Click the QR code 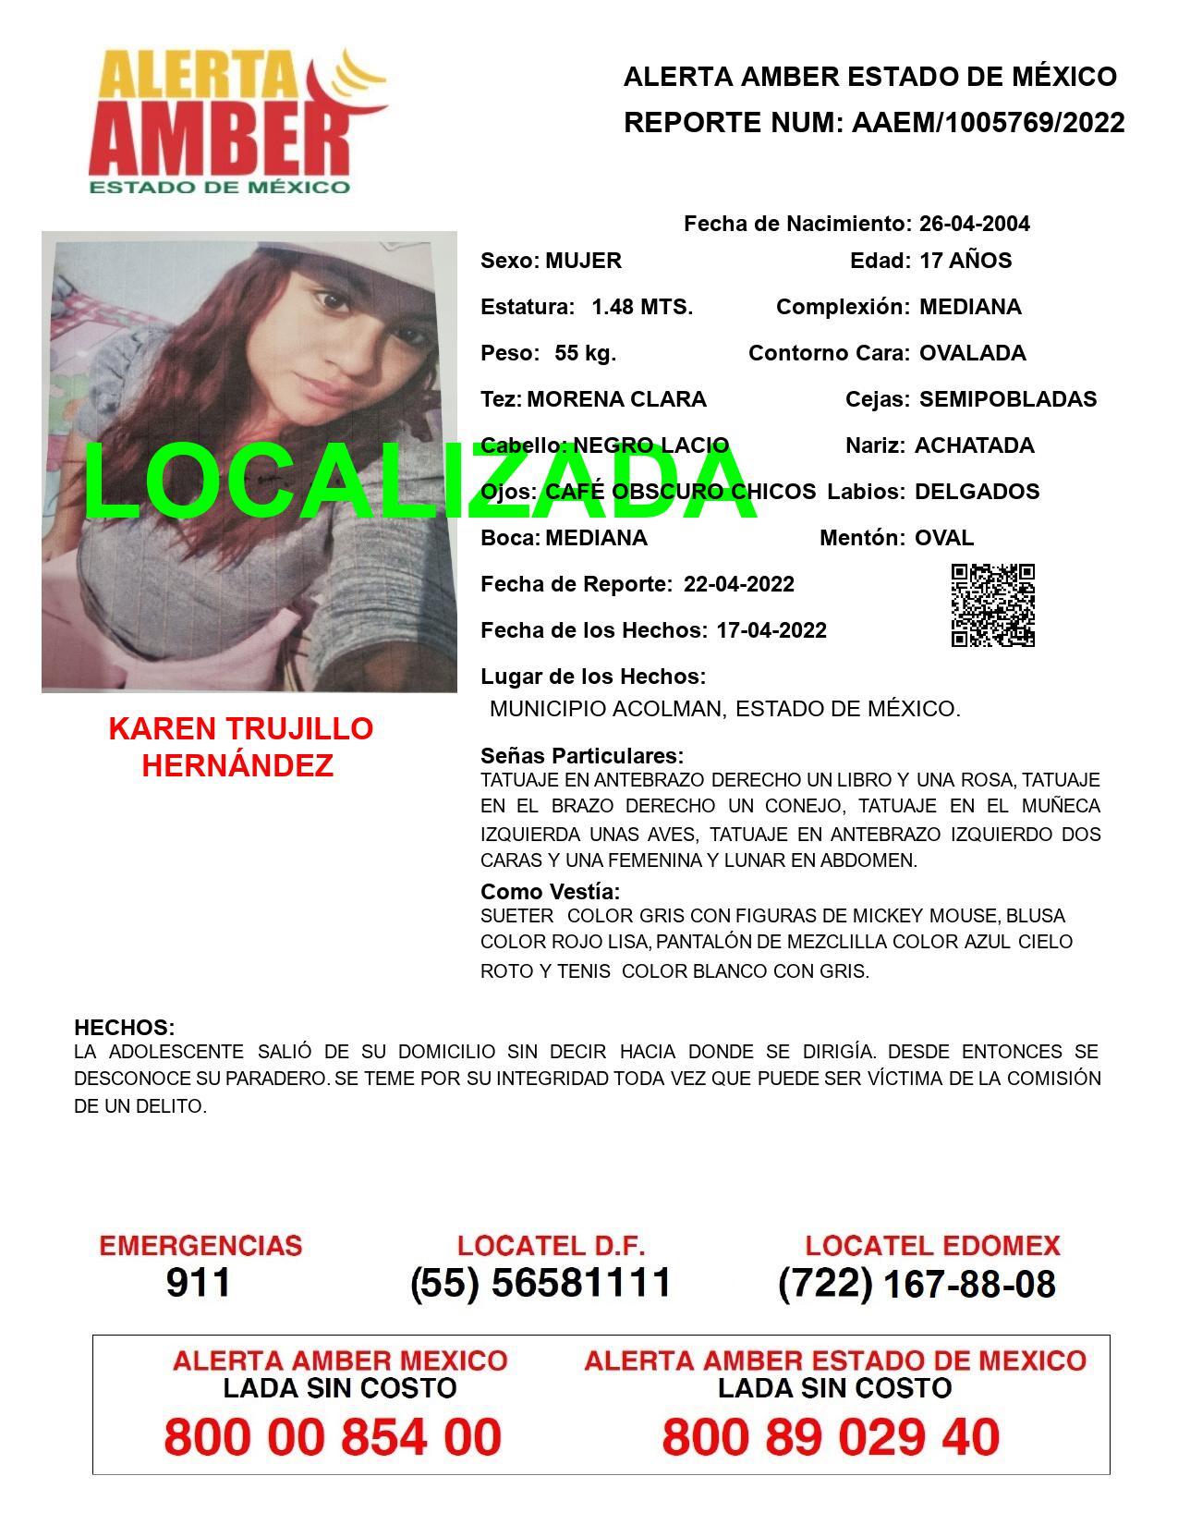coord(993,605)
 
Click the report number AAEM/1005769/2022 coord(988,123)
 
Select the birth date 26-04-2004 coord(974,224)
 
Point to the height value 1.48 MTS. coord(642,307)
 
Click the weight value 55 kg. coord(585,353)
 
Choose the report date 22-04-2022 coord(738,584)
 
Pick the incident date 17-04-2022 coord(771,630)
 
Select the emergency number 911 coord(198,1283)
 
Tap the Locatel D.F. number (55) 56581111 coord(540,1283)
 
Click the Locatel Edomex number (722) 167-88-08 coord(917,1284)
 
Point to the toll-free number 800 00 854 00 coord(333,1437)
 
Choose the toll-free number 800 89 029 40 coord(831,1437)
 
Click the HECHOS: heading coord(124,1028)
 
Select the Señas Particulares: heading coord(582,756)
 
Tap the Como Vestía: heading coord(550,892)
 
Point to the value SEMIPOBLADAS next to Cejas coord(1008,399)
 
